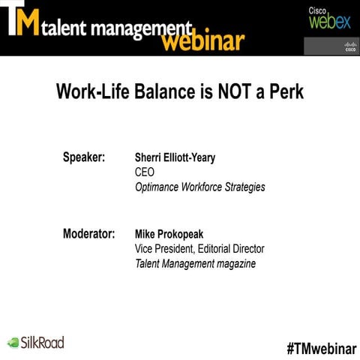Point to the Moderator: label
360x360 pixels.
tap(88, 233)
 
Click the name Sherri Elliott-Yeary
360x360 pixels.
tap(179, 158)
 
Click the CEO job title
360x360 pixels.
tap(144, 172)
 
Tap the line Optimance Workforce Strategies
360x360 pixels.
tap(199, 187)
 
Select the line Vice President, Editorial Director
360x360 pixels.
tap(199, 248)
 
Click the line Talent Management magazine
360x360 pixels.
tap(195, 263)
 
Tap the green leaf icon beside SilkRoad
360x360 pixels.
tap(13, 343)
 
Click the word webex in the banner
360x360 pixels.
tap(329, 22)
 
